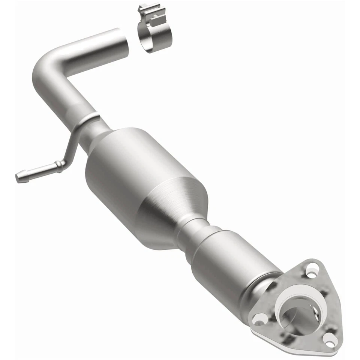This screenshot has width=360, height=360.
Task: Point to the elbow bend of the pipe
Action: [47, 67]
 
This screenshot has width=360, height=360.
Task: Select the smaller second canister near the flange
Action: [232, 259]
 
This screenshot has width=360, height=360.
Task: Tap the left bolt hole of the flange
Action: [258, 319]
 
